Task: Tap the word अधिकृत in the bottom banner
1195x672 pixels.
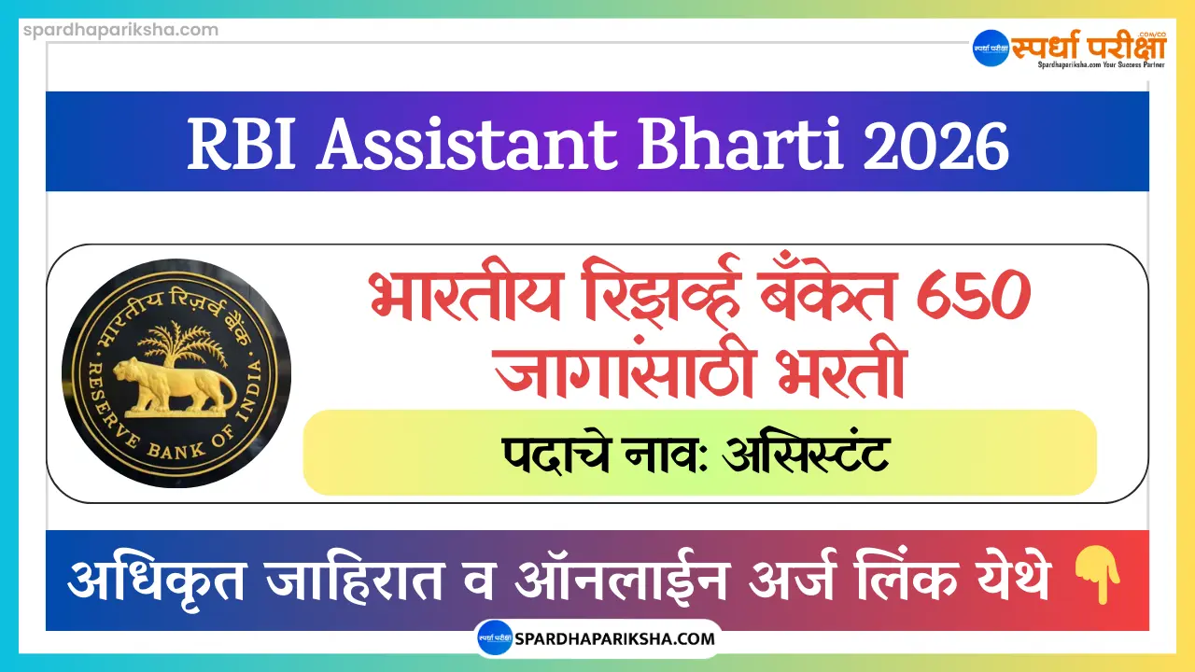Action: pyautogui.click(x=154, y=580)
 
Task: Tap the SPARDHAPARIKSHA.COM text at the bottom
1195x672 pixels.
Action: pyautogui.click(x=616, y=639)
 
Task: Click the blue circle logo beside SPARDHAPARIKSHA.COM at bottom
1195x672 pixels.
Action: pyautogui.click(x=495, y=639)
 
